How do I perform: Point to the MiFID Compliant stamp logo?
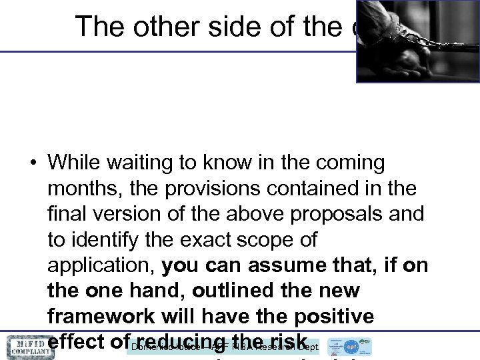pyautogui.click(x=28, y=347)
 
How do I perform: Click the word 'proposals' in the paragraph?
pyautogui.click(x=349, y=214)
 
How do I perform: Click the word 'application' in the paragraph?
pyautogui.click(x=101, y=265)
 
